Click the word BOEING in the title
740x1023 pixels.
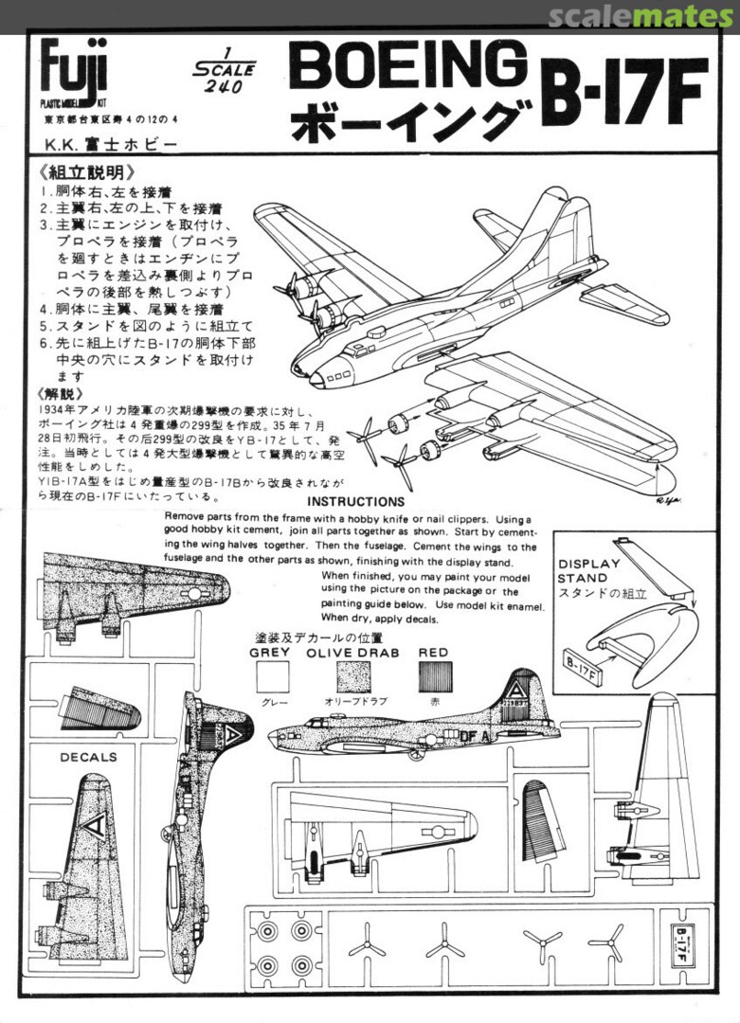coord(407,67)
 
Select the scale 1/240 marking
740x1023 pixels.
coord(223,71)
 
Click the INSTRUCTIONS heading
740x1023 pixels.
coord(356,501)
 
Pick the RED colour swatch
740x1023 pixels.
coord(434,677)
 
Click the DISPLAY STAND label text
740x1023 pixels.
coord(588,571)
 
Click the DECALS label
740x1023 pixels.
coord(89,757)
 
